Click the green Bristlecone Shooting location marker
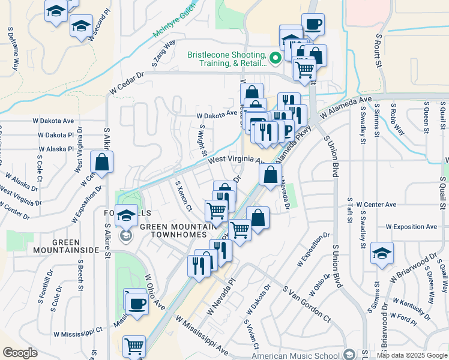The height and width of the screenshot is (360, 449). (x=276, y=58)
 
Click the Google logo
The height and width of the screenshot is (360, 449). (x=20, y=353)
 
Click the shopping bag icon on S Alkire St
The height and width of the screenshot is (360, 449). (x=102, y=162)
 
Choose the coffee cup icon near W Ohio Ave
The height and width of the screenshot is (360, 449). (x=137, y=304)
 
